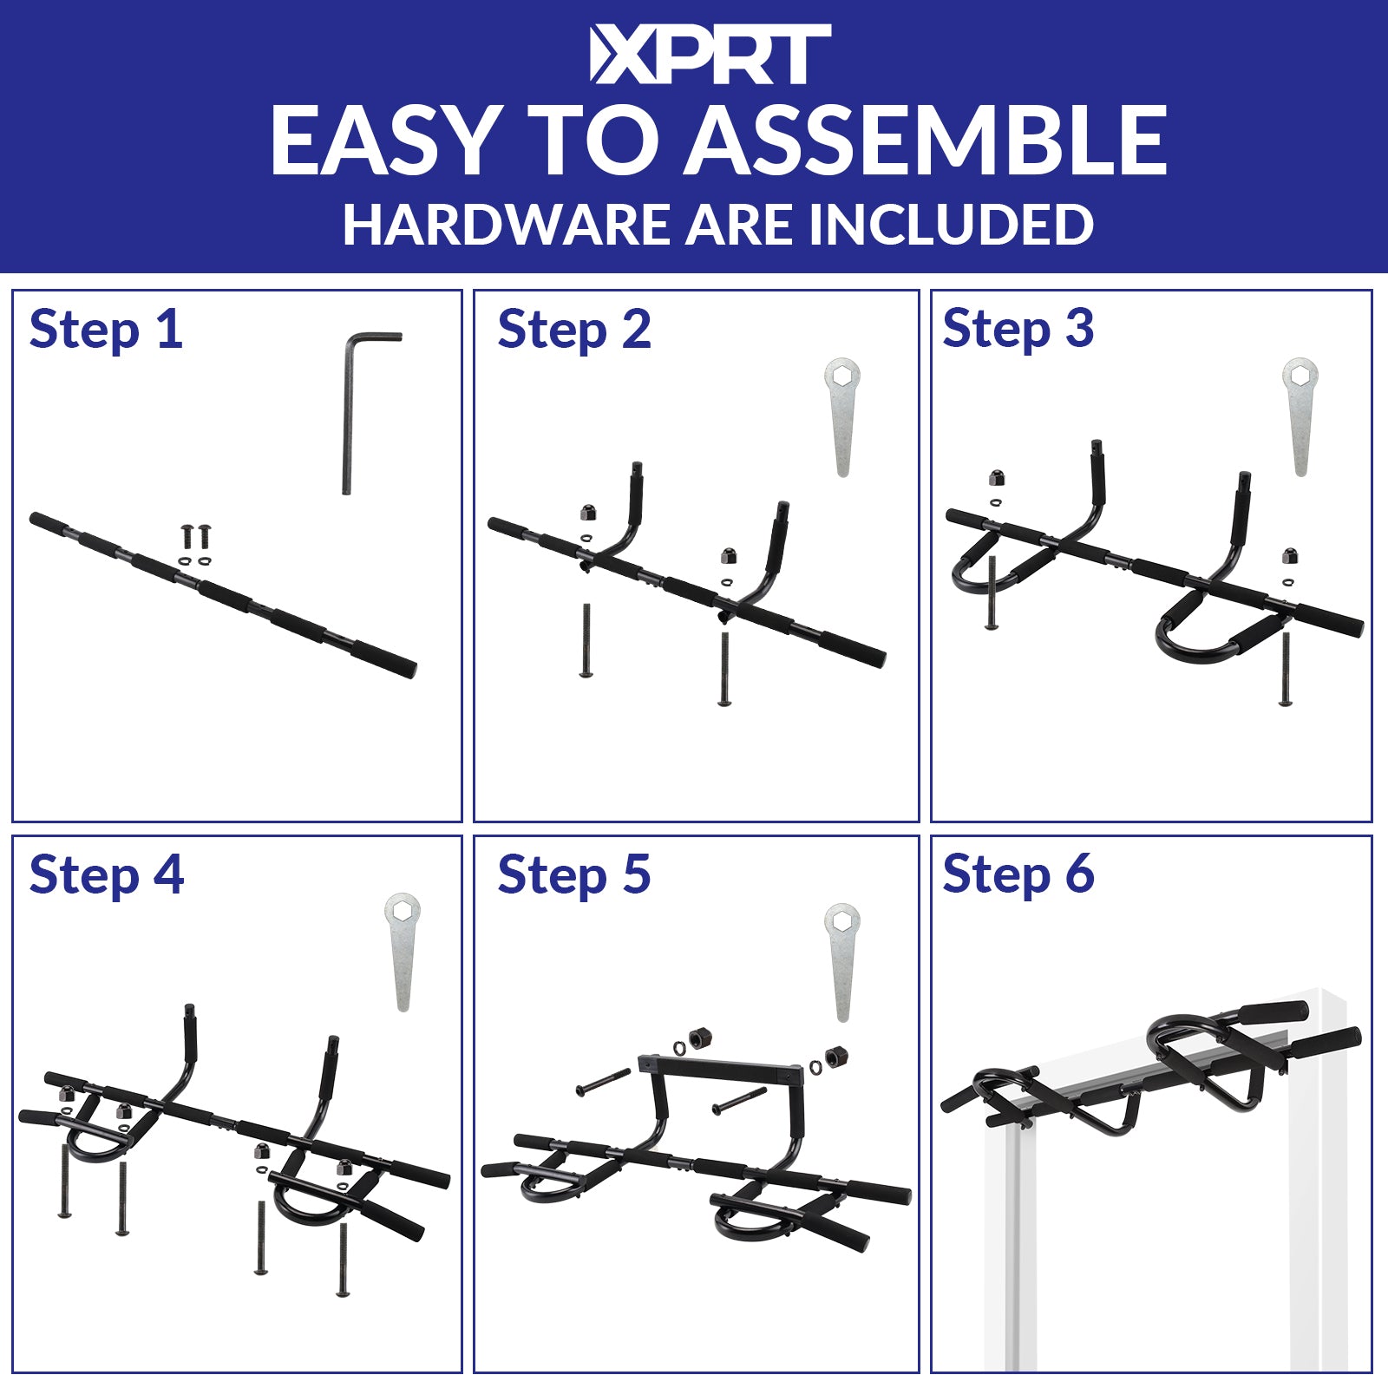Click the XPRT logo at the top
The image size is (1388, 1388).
(710, 55)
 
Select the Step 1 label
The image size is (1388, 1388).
(106, 330)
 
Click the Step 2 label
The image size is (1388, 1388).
(574, 330)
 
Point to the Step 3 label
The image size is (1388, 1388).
(1018, 330)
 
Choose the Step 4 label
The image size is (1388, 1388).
(107, 874)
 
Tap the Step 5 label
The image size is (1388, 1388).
(574, 874)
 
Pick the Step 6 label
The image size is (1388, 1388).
(1018, 874)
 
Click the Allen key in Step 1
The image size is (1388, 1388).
(347, 408)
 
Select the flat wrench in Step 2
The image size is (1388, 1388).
(841, 416)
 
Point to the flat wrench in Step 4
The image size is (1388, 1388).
(403, 952)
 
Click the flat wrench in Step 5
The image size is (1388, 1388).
(841, 963)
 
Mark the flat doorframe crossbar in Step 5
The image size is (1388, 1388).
(720, 1068)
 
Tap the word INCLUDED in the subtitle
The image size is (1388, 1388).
(951, 225)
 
